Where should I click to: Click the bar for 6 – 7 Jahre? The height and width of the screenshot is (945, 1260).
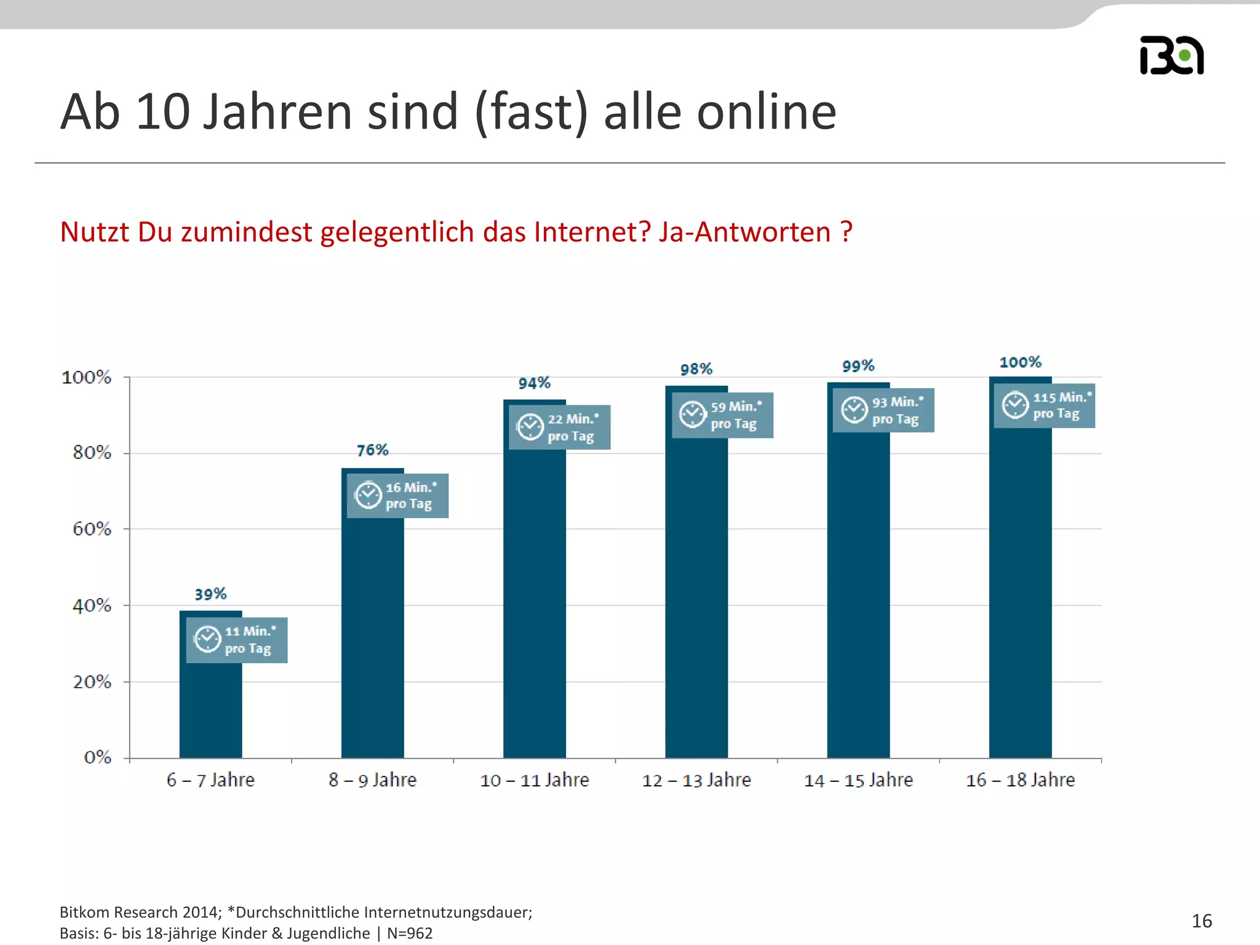tap(210, 708)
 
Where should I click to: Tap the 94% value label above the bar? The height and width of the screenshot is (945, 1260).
tap(534, 383)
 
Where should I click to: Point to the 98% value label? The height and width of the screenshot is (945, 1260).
tap(696, 369)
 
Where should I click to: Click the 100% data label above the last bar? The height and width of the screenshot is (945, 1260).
tap(1020, 362)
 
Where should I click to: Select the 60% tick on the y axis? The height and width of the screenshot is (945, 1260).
tap(92, 529)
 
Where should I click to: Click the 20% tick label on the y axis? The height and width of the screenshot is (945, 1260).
tap(92, 682)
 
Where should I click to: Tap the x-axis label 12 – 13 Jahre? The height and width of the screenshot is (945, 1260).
tap(696, 780)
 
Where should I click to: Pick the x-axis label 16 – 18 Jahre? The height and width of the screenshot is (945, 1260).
tap(1020, 780)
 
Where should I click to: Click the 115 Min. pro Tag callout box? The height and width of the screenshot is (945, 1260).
tap(1045, 405)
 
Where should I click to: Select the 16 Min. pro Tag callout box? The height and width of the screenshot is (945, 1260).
tap(397, 496)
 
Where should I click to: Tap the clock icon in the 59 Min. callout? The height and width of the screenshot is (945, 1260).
tap(692, 414)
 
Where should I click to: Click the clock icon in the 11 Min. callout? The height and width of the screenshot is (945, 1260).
tap(207, 639)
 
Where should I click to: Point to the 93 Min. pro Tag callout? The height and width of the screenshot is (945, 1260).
tap(883, 410)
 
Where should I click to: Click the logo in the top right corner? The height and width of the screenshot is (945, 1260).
tap(1171, 55)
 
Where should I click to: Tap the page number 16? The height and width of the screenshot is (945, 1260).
tap(1202, 921)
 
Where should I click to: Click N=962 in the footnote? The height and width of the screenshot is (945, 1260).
tap(410, 933)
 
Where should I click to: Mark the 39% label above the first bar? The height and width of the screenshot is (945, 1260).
tap(210, 594)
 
